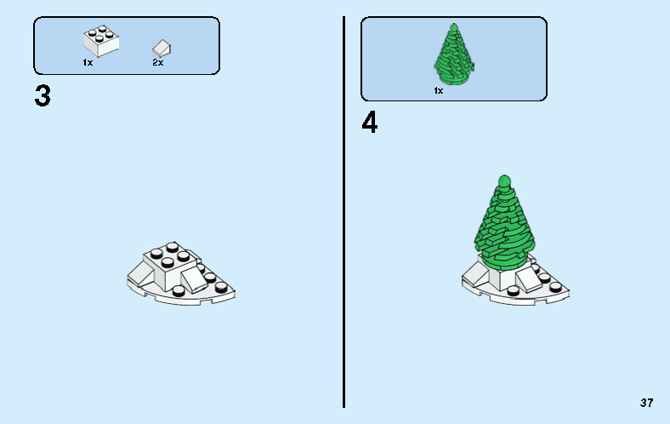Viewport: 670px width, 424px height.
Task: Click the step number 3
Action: tap(43, 96)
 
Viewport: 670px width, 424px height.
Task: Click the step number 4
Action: tap(370, 123)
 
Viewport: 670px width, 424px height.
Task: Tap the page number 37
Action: tap(646, 403)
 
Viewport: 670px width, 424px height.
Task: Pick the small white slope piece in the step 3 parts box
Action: tap(161, 48)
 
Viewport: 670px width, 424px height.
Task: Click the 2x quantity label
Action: tap(157, 63)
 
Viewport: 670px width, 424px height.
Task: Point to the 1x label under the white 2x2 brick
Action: tap(88, 63)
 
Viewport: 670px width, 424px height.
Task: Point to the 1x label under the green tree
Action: tap(439, 89)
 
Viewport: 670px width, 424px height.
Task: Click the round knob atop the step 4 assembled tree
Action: tap(503, 180)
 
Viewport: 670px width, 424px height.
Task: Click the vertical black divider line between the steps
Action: tap(344, 213)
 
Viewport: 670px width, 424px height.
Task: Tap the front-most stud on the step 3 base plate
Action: tap(179, 290)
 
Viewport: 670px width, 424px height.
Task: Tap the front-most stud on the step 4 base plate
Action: tap(513, 292)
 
